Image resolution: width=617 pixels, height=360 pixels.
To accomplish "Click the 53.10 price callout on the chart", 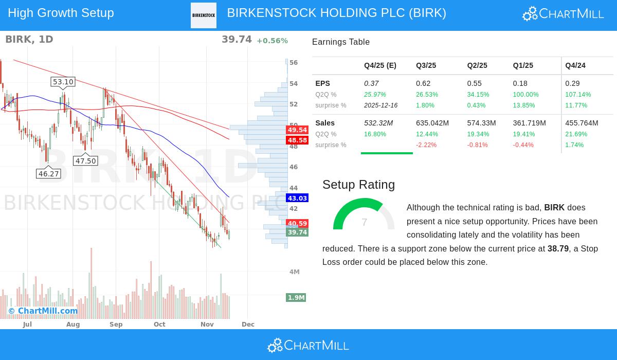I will coord(63,82).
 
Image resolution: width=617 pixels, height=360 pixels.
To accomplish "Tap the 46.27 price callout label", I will coord(49,174).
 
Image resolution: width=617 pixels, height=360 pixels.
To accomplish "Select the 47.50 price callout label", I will coord(85,161).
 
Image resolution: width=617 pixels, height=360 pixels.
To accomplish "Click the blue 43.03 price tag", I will coord(297,198).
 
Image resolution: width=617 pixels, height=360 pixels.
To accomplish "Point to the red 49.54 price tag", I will coord(297,130).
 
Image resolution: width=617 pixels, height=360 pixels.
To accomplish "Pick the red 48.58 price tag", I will coord(297,140).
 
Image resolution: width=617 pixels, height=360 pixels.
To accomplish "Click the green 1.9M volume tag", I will coord(296,298).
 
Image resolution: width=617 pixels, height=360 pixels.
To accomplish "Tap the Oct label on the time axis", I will coord(159,325).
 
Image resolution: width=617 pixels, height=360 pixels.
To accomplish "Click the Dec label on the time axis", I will coord(248,325).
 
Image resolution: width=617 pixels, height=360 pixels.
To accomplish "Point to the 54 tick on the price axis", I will coord(294,84).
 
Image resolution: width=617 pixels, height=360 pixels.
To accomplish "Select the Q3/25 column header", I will coord(426,65).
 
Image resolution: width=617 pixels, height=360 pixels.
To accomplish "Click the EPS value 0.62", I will coord(423,83).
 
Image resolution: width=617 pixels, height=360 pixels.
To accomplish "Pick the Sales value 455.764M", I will coord(582,123).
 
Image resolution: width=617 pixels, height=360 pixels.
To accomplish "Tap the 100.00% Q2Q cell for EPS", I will coord(525,95).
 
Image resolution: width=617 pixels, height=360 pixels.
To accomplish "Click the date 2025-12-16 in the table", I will coord(381,105).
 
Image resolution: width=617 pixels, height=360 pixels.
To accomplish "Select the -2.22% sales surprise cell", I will coord(426,145).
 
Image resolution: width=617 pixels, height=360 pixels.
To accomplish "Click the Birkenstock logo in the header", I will coord(204,15).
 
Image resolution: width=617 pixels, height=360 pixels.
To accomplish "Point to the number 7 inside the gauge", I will coord(364,222).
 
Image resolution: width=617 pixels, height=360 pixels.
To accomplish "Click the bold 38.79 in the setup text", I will coord(558,249).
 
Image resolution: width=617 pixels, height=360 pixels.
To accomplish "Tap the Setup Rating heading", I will coord(358,185).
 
